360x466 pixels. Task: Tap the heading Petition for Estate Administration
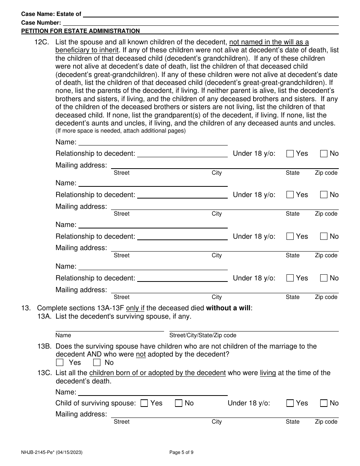click(80, 31)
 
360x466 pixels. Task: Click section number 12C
click(42, 42)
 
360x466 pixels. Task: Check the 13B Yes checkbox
click(59, 363)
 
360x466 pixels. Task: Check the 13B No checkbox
click(97, 363)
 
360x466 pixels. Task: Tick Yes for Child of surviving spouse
click(144, 403)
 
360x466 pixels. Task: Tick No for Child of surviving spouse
click(178, 403)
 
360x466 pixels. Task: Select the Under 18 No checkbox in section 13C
click(324, 403)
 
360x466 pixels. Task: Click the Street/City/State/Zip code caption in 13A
click(203, 335)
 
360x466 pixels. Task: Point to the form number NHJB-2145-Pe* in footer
click(52, 452)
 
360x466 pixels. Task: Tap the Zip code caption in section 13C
click(326, 422)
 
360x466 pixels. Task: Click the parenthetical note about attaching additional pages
click(121, 131)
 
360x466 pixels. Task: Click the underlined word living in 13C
click(268, 373)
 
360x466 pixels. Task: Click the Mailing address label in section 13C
click(81, 414)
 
